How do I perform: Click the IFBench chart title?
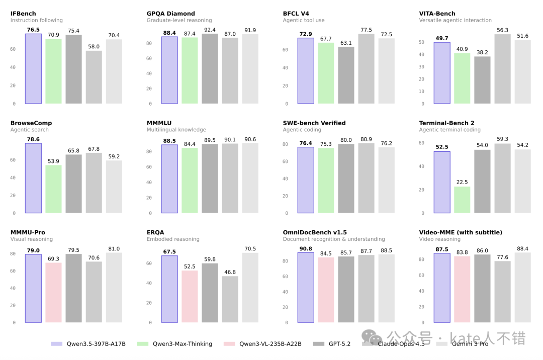coord(23,14)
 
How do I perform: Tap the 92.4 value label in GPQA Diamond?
coord(210,30)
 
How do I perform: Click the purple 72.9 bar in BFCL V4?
coord(306,70)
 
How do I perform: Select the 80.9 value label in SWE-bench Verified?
coord(367,139)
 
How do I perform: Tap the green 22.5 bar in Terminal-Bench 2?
coord(462,200)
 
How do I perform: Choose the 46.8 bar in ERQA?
coord(230,299)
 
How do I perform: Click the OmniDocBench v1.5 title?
coord(315,232)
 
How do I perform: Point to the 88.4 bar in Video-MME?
coord(523,287)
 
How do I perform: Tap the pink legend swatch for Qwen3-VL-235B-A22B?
coord(229,344)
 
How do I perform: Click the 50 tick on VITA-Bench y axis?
coord(422,42)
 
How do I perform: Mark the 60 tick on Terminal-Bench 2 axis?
coord(422,143)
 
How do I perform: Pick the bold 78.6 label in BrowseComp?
coord(33,139)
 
